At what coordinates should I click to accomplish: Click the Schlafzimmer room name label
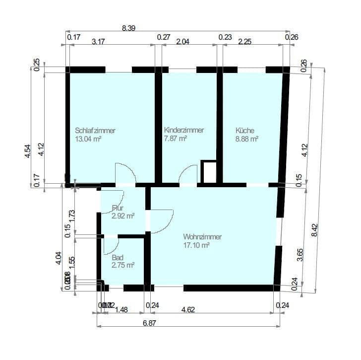point(95,131)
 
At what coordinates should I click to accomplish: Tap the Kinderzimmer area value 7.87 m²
point(175,139)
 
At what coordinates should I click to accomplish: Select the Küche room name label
point(244,131)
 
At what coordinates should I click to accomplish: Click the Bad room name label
point(118,258)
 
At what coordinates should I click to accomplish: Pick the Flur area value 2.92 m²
point(123,216)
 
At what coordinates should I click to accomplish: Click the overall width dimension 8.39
point(128,28)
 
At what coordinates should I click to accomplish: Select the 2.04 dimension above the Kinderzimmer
point(183,42)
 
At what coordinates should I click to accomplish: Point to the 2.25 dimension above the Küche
point(245,42)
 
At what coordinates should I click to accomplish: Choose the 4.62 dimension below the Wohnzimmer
point(188,309)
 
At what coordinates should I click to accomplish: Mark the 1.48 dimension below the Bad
point(121,309)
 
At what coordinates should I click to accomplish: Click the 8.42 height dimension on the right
point(313,229)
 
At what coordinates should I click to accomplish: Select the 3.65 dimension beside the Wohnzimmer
point(300,254)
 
